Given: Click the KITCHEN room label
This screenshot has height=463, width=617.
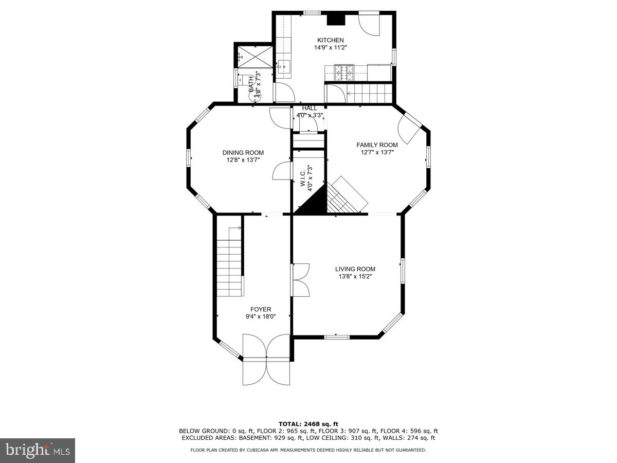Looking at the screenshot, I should [330, 40].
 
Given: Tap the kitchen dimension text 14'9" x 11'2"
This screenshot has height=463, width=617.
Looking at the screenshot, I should [330, 47].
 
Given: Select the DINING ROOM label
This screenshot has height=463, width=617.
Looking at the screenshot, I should [243, 152].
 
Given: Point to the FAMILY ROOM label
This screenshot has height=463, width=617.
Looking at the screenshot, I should [377, 145].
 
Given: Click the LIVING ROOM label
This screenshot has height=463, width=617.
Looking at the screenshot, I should [355, 269].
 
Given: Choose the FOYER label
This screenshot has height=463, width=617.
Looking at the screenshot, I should [261, 309].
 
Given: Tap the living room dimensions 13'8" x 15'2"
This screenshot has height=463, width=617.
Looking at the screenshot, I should [355, 276].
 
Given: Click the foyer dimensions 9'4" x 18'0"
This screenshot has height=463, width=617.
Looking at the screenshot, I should [261, 317].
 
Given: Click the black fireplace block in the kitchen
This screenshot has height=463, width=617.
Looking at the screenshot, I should [336, 19].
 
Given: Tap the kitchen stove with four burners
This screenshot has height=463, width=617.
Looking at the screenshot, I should [343, 72].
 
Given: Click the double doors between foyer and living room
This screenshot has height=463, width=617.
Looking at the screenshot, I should [300, 280].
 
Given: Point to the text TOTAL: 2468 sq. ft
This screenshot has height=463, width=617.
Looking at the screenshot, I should [308, 424].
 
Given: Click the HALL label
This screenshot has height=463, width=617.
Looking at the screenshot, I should [310, 108].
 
